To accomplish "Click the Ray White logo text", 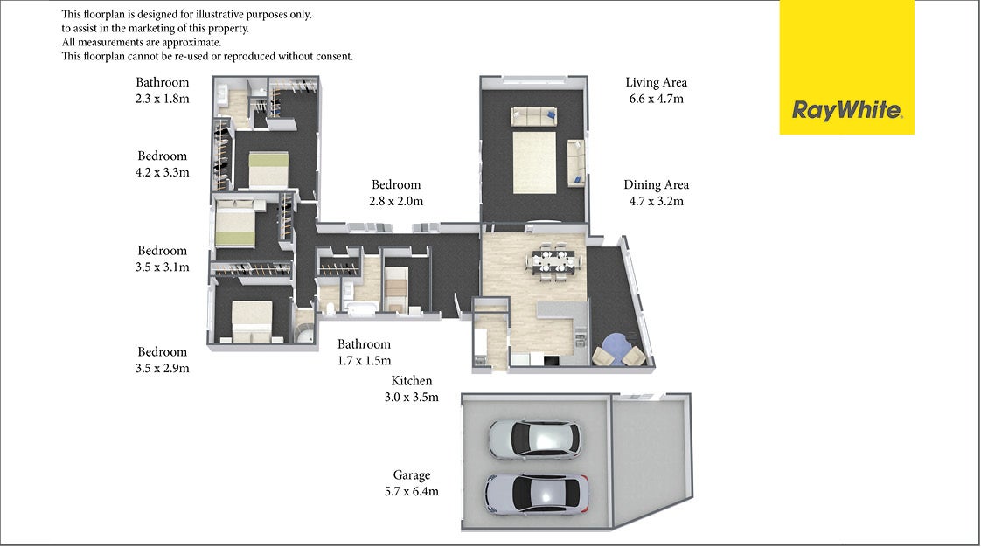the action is tap(847, 111).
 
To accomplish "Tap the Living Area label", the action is tap(657, 90).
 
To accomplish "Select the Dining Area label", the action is tap(657, 192).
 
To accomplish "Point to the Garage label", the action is tap(412, 483).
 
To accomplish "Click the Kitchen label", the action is tap(412, 388).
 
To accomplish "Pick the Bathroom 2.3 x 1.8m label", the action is tap(162, 90).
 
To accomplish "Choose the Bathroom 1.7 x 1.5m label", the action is tap(364, 352).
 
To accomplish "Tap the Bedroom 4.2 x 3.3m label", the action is tap(162, 163).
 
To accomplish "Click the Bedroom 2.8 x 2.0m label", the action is tap(396, 192).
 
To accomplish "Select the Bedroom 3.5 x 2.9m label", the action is tap(162, 359).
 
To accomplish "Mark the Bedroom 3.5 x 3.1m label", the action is tap(162, 258).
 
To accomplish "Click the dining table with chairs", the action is tap(553, 260).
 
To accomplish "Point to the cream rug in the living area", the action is tap(534, 162).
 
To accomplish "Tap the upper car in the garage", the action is tap(534, 439).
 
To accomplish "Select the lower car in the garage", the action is tap(536, 493).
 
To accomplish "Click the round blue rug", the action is tap(616, 348).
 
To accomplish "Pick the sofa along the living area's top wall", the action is tap(533, 116).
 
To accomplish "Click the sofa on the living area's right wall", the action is tap(575, 163).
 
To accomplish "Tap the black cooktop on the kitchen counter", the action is tap(551, 360).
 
